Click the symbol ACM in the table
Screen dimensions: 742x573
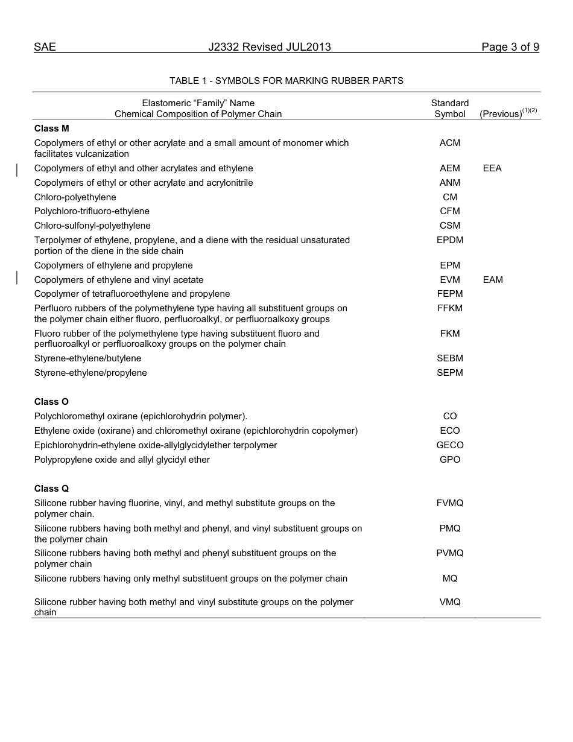pyautogui.click(x=450, y=143)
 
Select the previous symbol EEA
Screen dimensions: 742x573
pyautogui.click(x=492, y=168)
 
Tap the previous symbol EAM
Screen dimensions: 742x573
pyautogui.click(x=493, y=280)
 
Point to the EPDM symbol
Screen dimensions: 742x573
pyautogui.click(x=450, y=240)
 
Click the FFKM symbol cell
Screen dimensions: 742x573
pyautogui.click(x=450, y=308)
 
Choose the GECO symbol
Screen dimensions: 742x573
pyautogui.click(x=450, y=445)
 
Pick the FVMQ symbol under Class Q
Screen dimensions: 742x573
pyautogui.click(x=450, y=503)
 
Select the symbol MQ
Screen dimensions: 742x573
pyautogui.click(x=450, y=579)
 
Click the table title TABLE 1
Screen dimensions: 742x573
pyautogui.click(x=286, y=80)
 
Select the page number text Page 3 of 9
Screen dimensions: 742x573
pyautogui.click(x=510, y=47)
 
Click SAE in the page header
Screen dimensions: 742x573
pyautogui.click(x=45, y=47)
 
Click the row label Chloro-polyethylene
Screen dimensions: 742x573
pyautogui.click(x=75, y=197)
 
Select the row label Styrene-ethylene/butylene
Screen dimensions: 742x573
pyautogui.click(x=87, y=358)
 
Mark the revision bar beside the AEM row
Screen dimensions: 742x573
pyautogui.click(x=17, y=169)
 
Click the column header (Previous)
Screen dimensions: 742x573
pyautogui.click(x=501, y=114)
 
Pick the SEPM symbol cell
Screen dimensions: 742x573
pyautogui.click(x=450, y=373)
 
